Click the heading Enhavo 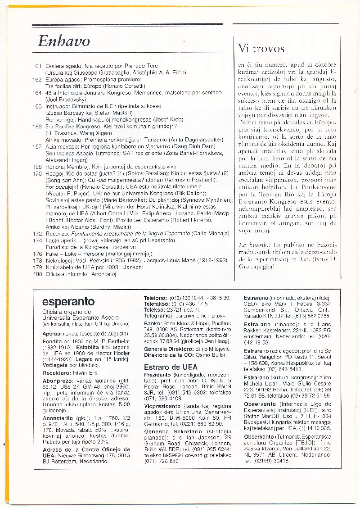pos(64,41)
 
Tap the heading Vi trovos pos(261,48)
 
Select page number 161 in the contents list pos(37,66)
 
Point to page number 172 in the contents pos(37,234)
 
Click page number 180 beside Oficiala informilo pos(37,274)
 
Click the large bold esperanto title pos(68,302)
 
